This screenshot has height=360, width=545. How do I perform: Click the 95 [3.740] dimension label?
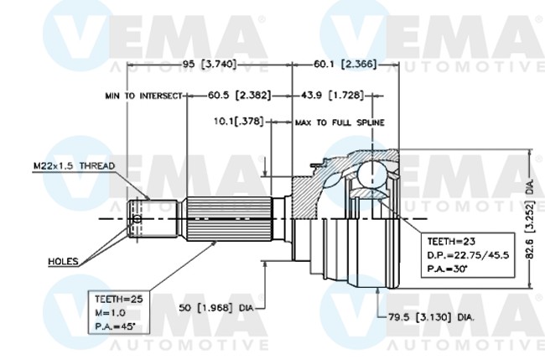point(210,64)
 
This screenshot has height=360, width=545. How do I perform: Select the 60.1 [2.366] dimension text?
point(345,64)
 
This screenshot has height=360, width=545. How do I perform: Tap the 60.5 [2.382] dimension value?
point(239,95)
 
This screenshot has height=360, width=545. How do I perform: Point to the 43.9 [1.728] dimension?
point(333,95)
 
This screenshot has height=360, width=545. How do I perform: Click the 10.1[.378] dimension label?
point(239,122)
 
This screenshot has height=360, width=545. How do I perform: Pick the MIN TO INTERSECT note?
point(143,96)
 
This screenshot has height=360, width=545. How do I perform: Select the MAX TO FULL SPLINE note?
point(340,123)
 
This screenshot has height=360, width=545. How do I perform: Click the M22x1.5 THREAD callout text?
point(74,165)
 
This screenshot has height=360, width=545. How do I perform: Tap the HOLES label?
point(63,261)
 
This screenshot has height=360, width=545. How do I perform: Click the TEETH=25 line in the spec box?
point(119,299)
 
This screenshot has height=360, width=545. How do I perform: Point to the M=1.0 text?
point(110,313)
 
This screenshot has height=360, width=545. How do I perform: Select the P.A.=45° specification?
point(115,326)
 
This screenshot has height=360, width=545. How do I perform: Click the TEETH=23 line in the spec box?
point(451,242)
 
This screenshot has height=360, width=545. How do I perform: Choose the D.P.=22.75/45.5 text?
point(468,255)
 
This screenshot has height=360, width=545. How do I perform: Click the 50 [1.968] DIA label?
point(215,308)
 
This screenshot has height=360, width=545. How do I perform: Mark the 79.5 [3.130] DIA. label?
point(431,317)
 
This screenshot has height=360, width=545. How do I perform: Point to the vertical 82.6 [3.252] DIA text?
point(530,220)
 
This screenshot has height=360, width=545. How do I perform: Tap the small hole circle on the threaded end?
point(138,219)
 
